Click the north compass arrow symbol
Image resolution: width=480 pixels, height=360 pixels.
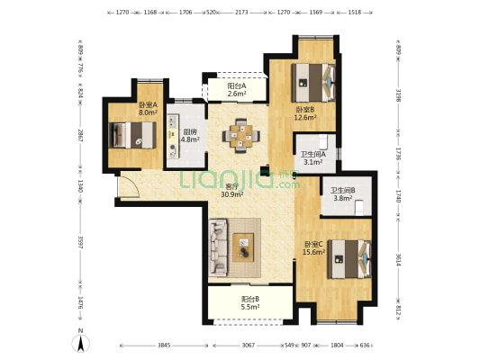80,343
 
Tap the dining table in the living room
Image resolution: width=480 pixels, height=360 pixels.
241,136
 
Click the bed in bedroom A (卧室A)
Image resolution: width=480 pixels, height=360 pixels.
132,135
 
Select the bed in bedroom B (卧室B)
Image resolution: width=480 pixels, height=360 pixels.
313,83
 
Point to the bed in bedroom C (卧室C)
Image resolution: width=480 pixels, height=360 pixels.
349,259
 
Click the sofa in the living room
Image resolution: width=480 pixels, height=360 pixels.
218,247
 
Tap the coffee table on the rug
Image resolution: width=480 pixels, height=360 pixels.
243,247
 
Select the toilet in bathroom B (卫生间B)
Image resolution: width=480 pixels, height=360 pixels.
359,208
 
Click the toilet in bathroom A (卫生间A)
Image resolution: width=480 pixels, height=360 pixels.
323,141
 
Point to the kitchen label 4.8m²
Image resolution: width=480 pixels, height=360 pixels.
190,139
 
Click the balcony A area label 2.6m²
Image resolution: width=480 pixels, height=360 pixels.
237,94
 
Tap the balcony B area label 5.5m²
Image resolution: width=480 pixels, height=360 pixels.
250,307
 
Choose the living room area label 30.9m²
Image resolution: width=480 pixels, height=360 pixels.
232,193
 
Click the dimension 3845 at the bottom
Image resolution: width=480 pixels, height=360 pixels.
164,346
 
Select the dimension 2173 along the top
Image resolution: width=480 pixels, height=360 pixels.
241,13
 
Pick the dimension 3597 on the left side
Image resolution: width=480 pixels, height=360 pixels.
80,242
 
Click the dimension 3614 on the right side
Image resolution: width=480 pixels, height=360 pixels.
398,259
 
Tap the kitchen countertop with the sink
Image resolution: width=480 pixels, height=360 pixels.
173,137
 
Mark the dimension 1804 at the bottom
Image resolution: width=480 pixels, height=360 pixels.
337,346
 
